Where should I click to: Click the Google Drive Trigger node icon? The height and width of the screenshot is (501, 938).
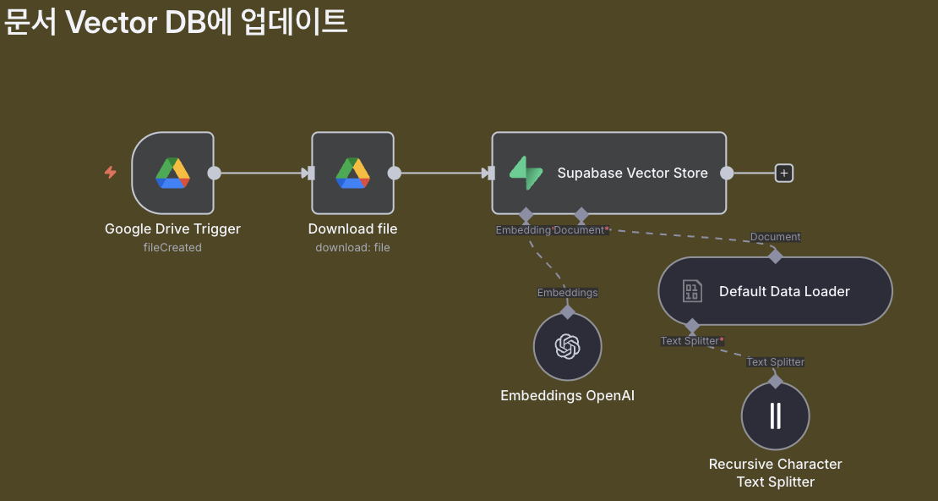click(172, 173)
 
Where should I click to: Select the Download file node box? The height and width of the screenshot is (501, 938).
click(352, 173)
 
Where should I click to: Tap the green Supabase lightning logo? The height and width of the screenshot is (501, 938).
click(526, 173)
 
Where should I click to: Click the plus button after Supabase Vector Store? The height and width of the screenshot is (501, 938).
click(784, 173)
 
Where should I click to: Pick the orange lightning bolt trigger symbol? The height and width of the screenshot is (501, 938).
click(110, 173)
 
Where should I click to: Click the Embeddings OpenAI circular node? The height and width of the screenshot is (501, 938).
click(567, 346)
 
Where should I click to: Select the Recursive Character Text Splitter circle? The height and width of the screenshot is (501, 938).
click(775, 416)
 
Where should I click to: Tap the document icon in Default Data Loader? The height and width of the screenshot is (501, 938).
click(692, 291)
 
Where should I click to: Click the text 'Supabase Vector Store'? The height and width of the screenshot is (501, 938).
click(632, 173)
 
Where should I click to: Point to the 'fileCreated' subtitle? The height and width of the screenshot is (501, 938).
click(172, 248)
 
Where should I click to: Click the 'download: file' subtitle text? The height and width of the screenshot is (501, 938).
click(352, 248)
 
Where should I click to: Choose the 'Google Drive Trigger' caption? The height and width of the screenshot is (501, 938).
click(172, 228)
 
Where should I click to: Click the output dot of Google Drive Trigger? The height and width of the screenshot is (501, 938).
click(214, 173)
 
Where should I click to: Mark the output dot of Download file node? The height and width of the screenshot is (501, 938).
click(394, 173)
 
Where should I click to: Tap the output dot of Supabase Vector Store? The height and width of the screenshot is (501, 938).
click(726, 173)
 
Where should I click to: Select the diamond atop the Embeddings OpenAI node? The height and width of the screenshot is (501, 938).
click(567, 311)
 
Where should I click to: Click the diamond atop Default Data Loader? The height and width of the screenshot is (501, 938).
click(775, 256)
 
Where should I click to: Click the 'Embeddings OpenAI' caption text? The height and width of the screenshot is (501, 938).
click(567, 396)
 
